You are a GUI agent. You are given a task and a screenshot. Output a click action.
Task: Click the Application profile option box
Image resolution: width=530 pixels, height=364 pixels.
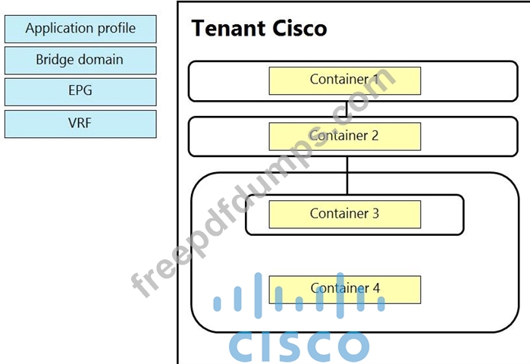[x=80, y=29]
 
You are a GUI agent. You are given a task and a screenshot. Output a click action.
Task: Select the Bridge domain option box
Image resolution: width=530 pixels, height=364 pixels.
[x=80, y=60]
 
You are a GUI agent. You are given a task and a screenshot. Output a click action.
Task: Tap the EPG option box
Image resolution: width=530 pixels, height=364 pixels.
[x=80, y=91]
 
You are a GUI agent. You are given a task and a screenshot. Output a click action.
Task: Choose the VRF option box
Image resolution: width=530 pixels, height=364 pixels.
[x=80, y=123]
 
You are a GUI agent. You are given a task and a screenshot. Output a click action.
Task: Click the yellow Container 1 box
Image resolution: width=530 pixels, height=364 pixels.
[x=344, y=80]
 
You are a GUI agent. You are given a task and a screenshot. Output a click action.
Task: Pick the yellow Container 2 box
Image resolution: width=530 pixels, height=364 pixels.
[x=344, y=136]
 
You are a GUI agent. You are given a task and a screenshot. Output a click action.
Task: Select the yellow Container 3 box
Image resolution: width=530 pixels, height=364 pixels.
[x=344, y=214]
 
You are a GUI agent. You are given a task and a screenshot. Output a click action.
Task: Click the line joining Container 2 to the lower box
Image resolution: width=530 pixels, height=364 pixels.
[x=347, y=165]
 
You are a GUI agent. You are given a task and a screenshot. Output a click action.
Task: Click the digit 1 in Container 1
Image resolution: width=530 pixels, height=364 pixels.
[x=375, y=79]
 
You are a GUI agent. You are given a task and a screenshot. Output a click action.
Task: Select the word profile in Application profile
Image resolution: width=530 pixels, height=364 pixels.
[x=115, y=29]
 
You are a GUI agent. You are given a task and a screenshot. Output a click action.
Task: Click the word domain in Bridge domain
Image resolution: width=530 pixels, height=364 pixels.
[x=102, y=60]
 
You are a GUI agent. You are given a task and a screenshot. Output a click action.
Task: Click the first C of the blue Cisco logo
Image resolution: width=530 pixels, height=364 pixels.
[x=244, y=346]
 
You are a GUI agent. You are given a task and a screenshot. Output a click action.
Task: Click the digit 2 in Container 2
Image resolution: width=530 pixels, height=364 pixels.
[x=375, y=136]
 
